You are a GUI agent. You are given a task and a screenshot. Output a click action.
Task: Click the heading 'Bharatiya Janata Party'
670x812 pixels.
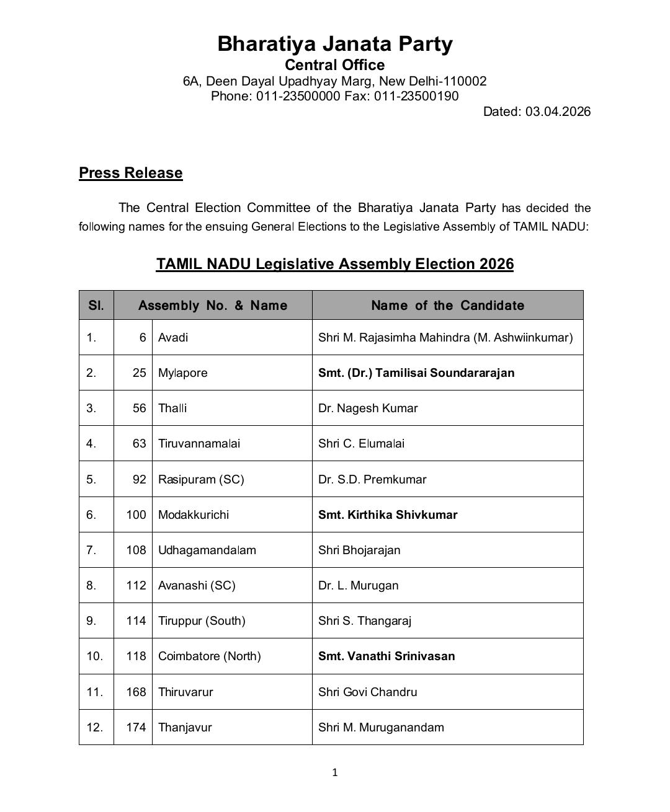coord(335,44)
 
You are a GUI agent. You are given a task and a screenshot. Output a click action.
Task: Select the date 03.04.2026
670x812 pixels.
coord(558,112)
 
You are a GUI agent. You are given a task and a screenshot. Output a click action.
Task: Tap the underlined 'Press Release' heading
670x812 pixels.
coord(130,173)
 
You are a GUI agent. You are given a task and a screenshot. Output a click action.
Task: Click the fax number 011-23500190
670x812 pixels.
coord(416,96)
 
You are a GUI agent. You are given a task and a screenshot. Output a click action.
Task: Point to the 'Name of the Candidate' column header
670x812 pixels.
coord(447,306)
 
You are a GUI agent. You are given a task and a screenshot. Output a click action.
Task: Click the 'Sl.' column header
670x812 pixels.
coord(96,306)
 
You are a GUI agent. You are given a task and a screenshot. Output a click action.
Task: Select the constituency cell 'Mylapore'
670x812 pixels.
coord(183,373)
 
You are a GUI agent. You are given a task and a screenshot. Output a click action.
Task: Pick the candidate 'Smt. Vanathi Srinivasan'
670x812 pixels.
coord(386,656)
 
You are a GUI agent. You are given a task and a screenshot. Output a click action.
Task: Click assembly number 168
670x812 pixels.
coord(136,692)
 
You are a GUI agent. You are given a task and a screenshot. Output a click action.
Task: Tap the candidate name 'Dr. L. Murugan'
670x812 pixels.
coord(359,586)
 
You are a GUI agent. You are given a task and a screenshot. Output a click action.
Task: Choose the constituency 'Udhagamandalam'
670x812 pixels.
coord(207,550)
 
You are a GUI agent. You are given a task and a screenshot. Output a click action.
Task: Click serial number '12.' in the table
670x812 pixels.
coord(95,728)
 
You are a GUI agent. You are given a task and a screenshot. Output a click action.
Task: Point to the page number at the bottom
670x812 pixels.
coord(335,772)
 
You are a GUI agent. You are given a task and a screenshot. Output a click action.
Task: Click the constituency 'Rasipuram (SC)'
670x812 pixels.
coord(201,480)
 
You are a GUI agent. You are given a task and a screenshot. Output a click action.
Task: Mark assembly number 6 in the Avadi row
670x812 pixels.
coord(143,338)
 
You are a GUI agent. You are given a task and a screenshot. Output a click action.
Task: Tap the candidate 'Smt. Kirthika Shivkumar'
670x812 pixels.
coord(388,515)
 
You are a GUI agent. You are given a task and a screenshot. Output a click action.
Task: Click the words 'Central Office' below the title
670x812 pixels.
coord(335,65)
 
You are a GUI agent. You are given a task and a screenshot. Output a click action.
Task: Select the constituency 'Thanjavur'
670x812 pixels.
coord(185,728)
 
